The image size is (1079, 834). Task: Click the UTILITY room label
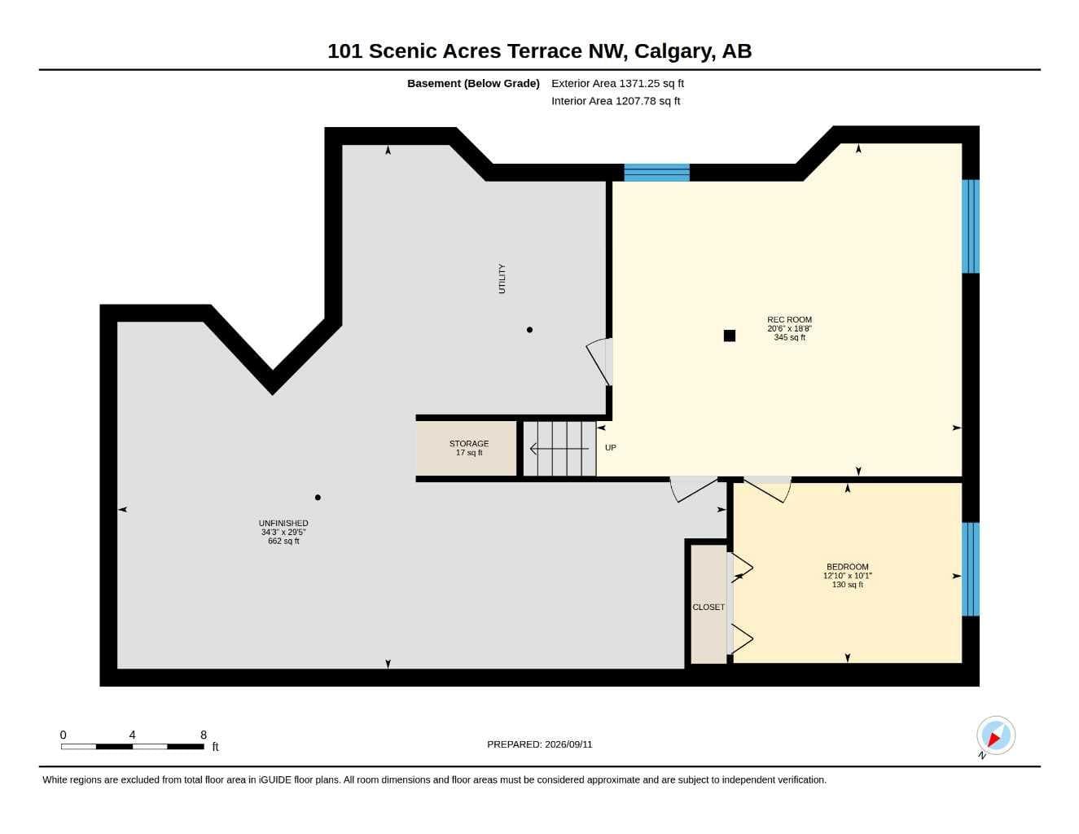[x=502, y=279]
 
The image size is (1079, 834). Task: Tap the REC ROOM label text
[x=790, y=320]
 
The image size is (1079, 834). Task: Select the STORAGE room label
[x=469, y=444]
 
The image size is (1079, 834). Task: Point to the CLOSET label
[x=708, y=607]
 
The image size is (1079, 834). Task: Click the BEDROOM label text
[x=848, y=567]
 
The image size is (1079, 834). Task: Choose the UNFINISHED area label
[x=283, y=523]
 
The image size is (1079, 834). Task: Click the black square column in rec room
[x=730, y=336]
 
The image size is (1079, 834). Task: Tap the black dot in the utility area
[x=530, y=330]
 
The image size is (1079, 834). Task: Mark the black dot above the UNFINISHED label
[x=318, y=498]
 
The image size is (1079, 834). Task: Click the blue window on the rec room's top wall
[x=657, y=173]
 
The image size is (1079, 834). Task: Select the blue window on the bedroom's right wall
[x=971, y=569]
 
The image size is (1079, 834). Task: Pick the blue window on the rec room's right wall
[x=971, y=226]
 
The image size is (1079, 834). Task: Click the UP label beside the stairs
[x=610, y=448]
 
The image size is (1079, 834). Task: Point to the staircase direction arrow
[x=559, y=449]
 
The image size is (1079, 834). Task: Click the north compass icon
[x=996, y=735]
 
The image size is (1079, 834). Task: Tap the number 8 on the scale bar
[x=204, y=735]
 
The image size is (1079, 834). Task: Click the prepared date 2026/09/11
[x=568, y=744]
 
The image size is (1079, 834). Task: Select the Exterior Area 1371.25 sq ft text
[x=618, y=83]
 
